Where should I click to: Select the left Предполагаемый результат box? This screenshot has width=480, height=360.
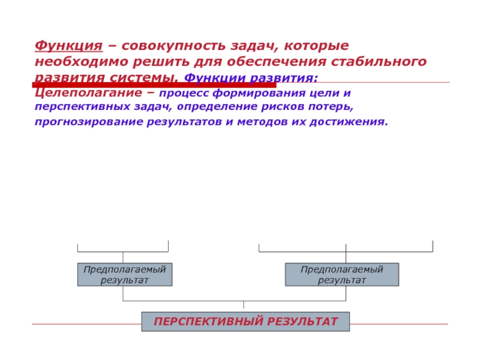click(x=124, y=274)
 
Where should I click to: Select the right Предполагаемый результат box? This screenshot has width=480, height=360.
click(x=341, y=274)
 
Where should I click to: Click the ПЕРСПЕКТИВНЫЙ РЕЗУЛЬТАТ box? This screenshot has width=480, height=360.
click(x=245, y=322)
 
